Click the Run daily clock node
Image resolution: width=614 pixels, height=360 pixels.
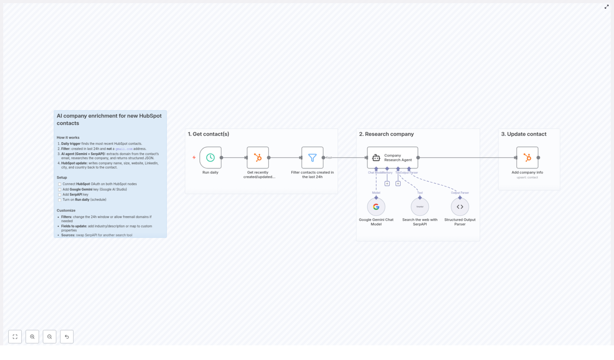pos(210,157)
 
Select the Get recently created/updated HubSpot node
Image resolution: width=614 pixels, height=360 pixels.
pos(257,157)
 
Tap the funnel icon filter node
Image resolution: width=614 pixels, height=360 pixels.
pos(312,157)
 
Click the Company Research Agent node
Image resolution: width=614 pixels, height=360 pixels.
pos(392,157)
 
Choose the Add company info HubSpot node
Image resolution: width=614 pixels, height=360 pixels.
pos(527,157)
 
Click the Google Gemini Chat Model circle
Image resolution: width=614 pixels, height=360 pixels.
pos(376,207)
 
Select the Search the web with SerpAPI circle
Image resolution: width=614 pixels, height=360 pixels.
pos(420,207)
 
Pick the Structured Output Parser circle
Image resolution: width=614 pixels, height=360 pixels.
pos(460,207)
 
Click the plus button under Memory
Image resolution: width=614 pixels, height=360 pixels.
pos(387,184)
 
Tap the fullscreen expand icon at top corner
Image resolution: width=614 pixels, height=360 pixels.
pos(607,7)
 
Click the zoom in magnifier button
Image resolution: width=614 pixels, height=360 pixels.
pos(32,337)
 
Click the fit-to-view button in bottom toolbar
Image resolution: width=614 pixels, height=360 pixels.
pos(15,337)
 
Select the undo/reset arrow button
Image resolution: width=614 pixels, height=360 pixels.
pos(67,337)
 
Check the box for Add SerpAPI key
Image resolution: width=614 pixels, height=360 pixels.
pos(59,195)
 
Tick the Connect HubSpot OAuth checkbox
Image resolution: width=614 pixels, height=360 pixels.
pos(59,184)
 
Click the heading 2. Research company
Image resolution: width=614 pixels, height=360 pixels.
pos(386,134)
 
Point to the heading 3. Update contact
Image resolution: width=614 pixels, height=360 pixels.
pos(523,134)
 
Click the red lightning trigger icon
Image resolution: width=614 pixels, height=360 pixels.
pos(194,157)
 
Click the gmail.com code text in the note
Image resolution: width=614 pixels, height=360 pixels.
pos(124,149)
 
